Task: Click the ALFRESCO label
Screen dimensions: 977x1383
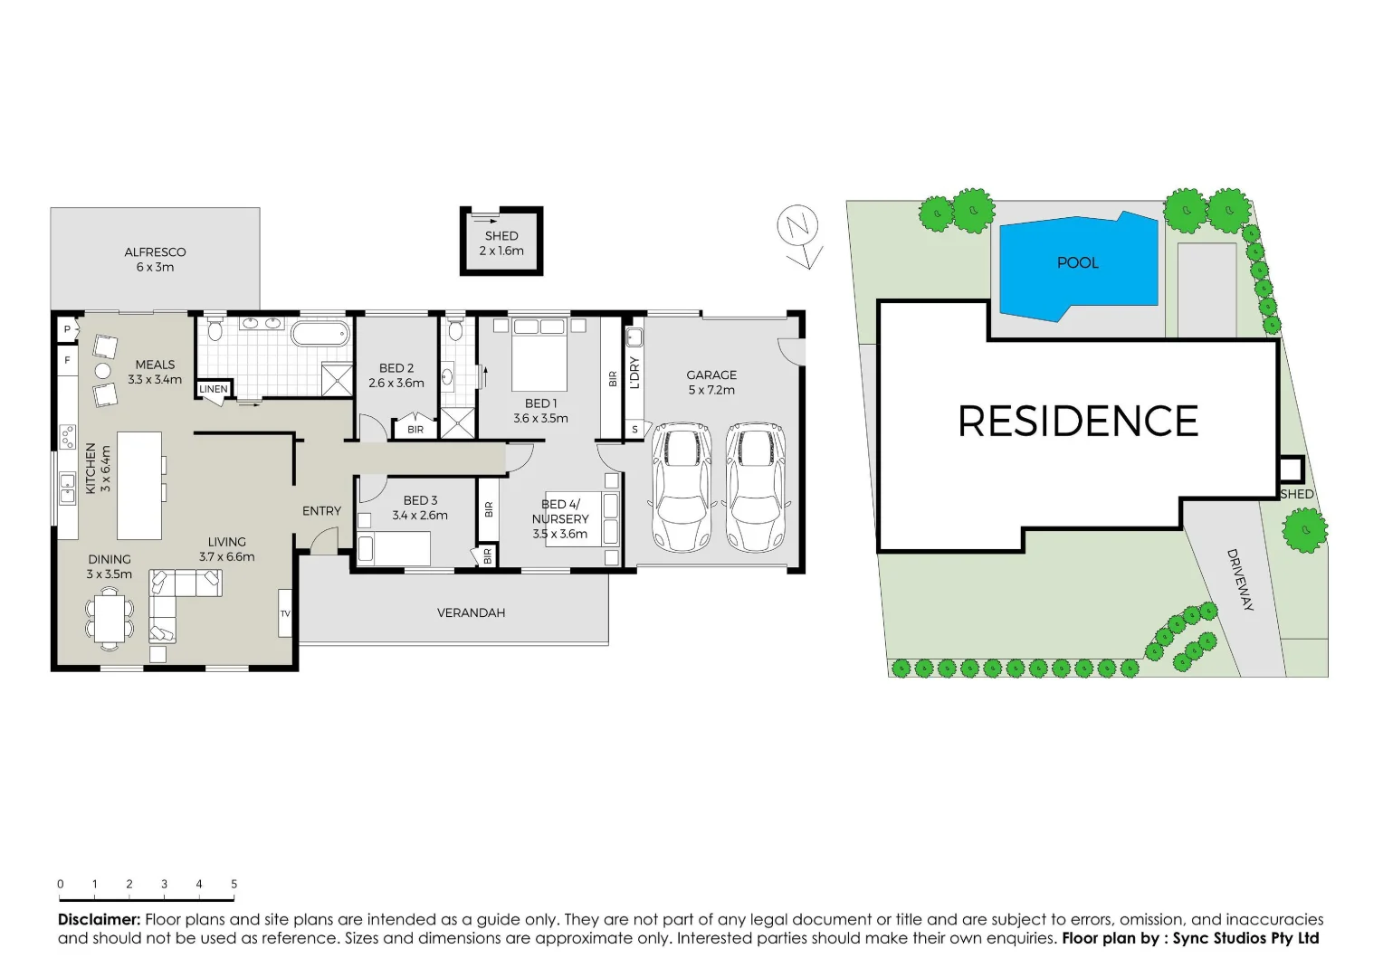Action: coord(155,252)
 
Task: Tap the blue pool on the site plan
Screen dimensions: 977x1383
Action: coord(1077,266)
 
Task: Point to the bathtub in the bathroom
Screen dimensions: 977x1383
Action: coord(320,333)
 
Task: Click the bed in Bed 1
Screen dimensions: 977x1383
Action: coord(539,354)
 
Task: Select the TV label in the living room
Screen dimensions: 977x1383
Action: coord(285,614)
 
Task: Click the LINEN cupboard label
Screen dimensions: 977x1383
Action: coord(214,389)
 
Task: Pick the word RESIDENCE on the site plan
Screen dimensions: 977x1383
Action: coord(1077,422)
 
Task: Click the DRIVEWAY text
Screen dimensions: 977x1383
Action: coord(1240,580)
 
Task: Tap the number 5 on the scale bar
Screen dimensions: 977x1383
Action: coord(234,885)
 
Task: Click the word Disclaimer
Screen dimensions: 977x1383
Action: coord(99,920)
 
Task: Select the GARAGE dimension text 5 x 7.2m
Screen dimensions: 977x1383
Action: coord(711,391)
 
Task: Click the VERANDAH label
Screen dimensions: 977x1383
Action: coord(471,613)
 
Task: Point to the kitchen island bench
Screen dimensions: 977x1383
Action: coord(139,486)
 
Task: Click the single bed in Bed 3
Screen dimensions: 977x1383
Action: coord(394,548)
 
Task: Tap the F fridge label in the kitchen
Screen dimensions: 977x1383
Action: coord(67,361)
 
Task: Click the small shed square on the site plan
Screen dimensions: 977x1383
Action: coord(1290,470)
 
